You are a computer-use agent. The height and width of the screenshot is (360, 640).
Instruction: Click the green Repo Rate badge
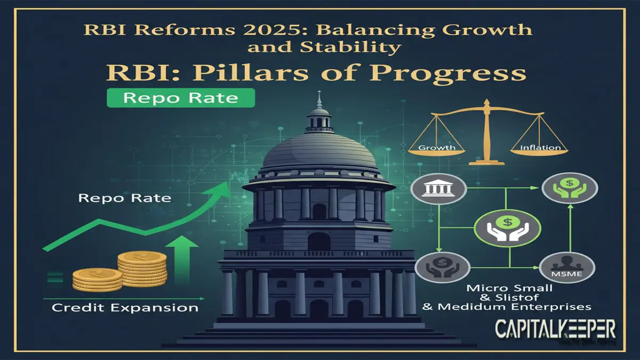pyautogui.click(x=181, y=99)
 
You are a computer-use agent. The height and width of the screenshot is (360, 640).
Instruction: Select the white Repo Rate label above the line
pyautogui.click(x=124, y=198)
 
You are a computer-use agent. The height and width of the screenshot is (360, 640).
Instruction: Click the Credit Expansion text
pyautogui.click(x=125, y=308)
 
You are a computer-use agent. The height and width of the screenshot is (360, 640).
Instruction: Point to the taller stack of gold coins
pyautogui.click(x=142, y=268)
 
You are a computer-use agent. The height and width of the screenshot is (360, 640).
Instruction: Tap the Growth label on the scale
pyautogui.click(x=437, y=147)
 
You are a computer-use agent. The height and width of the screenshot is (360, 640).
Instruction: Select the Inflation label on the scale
pyautogui.click(x=540, y=147)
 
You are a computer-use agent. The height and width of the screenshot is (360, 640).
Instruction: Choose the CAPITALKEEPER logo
pyautogui.click(x=555, y=329)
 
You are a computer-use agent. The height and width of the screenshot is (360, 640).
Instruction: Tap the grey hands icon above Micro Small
pyautogui.click(x=438, y=266)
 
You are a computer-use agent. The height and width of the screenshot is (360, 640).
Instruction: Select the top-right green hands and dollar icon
pyautogui.click(x=570, y=190)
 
